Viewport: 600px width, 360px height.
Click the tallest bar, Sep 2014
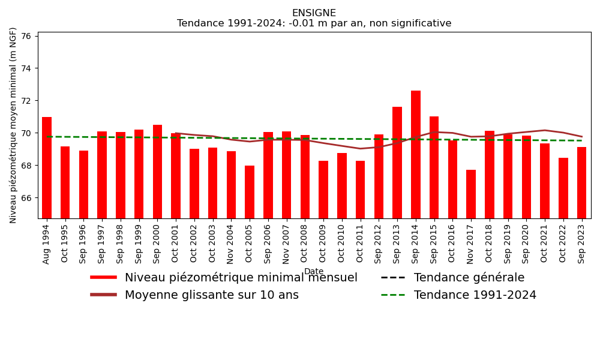(416, 154)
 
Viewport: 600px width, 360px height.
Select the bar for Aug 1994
(47, 167)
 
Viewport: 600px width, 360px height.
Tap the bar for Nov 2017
(471, 194)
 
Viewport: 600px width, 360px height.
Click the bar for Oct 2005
(250, 192)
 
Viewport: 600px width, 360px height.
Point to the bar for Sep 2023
(581, 182)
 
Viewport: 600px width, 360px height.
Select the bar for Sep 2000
(157, 171)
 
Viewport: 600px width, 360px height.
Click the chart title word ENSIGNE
(314, 13)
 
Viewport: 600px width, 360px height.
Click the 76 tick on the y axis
(26, 36)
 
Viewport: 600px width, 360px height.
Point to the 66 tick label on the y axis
(26, 198)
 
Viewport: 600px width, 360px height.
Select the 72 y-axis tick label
(26, 101)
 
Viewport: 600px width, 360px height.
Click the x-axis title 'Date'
(314, 272)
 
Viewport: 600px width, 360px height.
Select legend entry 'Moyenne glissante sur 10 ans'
(211, 295)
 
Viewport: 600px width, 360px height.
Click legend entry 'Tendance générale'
(469, 278)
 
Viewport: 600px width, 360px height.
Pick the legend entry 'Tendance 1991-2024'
(475, 295)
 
